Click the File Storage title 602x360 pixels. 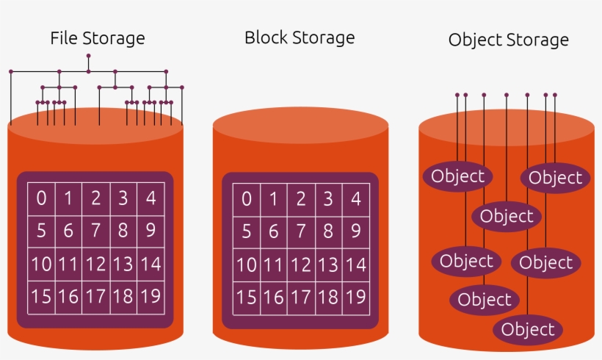coord(97,38)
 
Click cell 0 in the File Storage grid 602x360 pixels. coord(41,198)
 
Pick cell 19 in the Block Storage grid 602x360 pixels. coord(355,297)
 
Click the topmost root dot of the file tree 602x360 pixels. coord(88,56)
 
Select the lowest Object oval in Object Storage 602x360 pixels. coord(528,330)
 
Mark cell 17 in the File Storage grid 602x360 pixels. coord(95,297)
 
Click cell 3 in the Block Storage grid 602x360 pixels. coord(328,198)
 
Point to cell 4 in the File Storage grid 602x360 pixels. coord(150,198)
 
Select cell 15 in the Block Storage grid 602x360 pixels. coord(247,297)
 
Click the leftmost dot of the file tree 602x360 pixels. coord(11,71)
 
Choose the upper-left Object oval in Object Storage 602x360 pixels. coord(457,176)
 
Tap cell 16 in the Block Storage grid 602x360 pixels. coord(274,297)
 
